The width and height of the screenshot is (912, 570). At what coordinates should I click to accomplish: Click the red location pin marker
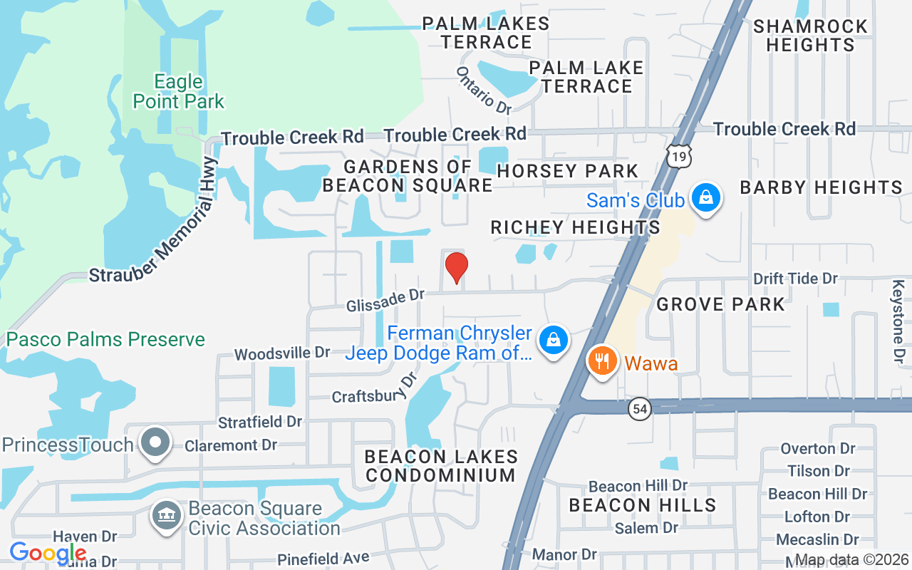tap(456, 267)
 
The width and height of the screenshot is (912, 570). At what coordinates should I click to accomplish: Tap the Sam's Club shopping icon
tap(705, 197)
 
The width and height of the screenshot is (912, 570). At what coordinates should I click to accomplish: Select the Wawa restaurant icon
tap(603, 361)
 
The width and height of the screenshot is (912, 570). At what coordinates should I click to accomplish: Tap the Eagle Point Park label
tap(178, 92)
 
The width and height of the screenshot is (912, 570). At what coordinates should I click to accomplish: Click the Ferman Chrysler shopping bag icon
tap(553, 339)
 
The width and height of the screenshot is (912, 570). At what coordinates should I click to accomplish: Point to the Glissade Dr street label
tap(385, 300)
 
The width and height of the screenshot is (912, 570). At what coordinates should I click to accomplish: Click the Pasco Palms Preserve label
tap(105, 339)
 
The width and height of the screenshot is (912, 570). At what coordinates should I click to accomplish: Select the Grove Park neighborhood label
tap(720, 305)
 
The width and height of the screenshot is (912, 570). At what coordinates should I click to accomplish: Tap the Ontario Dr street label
tap(484, 90)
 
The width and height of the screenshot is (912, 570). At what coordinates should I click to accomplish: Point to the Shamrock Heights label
tap(810, 36)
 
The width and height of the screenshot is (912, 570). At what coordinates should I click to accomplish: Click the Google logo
tap(48, 553)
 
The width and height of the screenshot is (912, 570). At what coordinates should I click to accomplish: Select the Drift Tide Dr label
tap(795, 279)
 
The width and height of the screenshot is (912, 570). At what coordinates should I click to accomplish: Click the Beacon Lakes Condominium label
tap(440, 465)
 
